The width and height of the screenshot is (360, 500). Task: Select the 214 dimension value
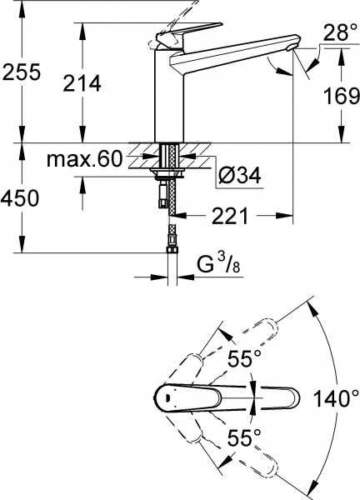pos(82,83)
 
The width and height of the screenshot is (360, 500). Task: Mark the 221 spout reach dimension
pos(227,217)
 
